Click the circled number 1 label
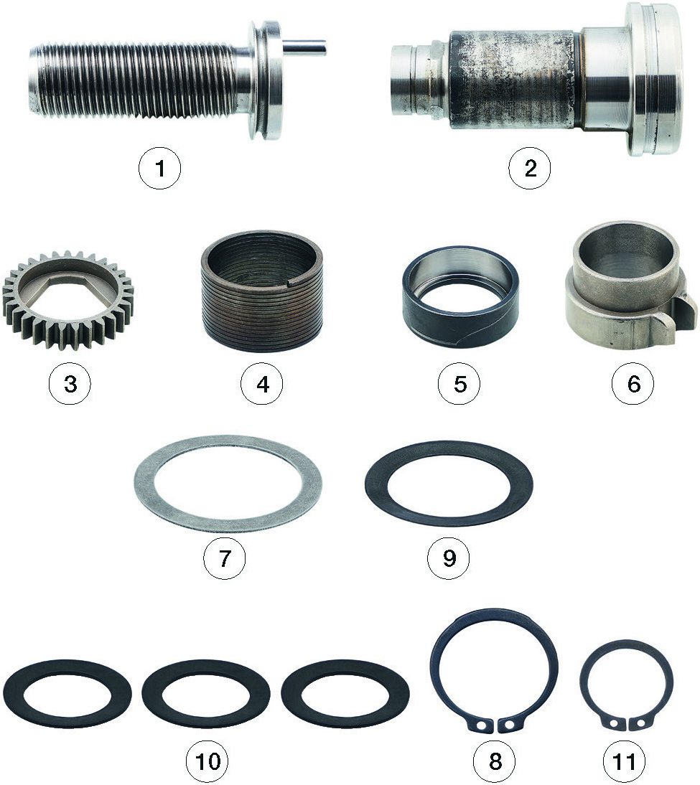(159, 168)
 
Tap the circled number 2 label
(530, 168)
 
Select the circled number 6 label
(633, 384)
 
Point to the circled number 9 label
(449, 558)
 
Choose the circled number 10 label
(207, 761)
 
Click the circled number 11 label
(624, 761)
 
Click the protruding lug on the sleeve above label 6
(682, 316)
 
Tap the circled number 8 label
(495, 761)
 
